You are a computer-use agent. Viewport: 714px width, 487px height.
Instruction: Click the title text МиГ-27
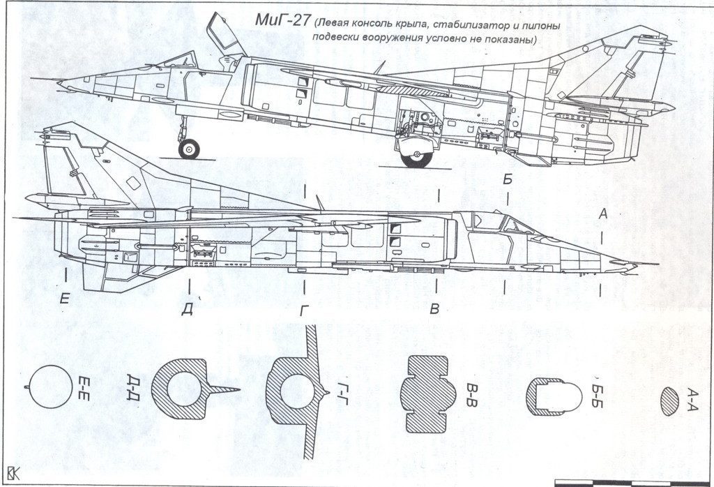(282, 20)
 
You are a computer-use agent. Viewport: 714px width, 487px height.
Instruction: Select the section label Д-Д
(132, 386)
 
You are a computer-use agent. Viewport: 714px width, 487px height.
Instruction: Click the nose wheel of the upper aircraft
(188, 148)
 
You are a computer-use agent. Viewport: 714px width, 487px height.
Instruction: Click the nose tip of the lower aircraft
(655, 265)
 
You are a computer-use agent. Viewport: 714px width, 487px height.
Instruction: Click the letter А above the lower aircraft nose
(604, 215)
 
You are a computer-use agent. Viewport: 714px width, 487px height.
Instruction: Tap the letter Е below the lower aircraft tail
(65, 299)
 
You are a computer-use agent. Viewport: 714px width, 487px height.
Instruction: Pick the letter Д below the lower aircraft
(187, 310)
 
